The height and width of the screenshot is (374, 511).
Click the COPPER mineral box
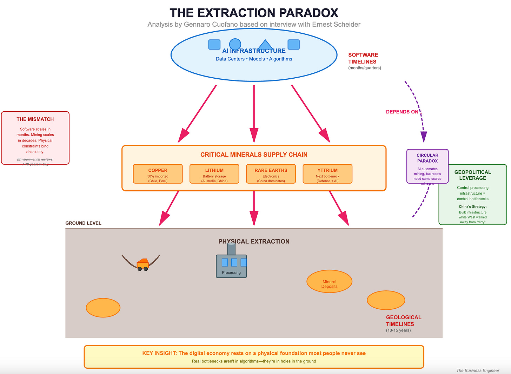158,174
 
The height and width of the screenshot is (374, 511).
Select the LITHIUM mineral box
214,174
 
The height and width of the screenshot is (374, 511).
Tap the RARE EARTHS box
271,174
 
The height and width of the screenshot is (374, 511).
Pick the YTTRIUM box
327,174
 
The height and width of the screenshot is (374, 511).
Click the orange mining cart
142,264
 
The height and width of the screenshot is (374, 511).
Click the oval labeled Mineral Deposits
329,281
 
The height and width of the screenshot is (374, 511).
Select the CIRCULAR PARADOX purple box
427,166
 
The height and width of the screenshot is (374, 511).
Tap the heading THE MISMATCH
35,119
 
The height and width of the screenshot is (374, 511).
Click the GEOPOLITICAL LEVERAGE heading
472,175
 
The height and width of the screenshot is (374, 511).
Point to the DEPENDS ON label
402,112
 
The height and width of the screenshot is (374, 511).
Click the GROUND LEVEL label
83,223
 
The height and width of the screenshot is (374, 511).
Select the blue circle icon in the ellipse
235,44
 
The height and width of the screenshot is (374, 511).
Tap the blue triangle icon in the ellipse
265,45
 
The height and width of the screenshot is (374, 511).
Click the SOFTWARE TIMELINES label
363,58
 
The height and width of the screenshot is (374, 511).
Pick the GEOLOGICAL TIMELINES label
403,321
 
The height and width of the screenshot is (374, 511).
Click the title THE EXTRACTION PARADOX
254,13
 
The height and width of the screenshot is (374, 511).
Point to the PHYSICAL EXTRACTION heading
254,242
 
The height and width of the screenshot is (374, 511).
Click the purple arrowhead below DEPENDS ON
424,137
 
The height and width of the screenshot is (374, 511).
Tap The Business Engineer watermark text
478,370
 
